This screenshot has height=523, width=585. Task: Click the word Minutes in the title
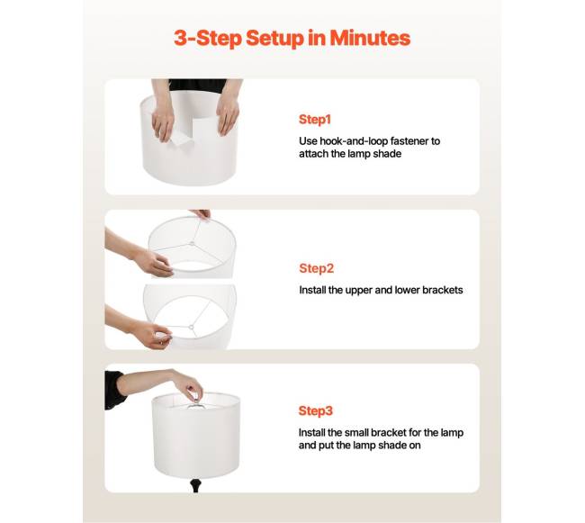(370, 38)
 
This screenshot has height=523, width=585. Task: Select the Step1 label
(315, 120)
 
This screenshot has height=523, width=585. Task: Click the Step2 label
(317, 268)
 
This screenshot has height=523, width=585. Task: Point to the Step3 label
(315, 410)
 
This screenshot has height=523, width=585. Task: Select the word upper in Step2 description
(359, 290)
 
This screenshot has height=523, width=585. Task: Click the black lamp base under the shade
(195, 485)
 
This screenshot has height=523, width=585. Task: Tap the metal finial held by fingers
(194, 396)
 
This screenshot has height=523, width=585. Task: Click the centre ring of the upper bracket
(192, 244)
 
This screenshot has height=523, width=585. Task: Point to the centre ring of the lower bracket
(191, 328)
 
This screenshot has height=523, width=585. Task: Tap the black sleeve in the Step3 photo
(114, 390)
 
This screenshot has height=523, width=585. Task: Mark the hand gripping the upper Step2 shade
(155, 262)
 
